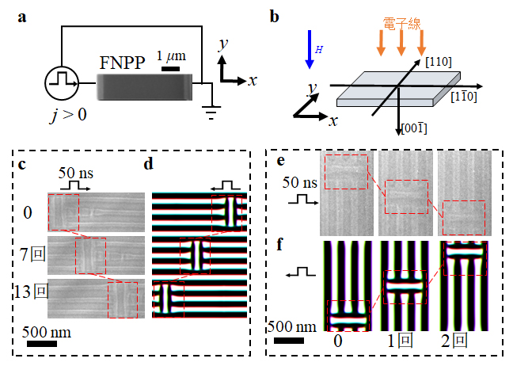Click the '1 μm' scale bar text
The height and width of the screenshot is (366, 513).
click(x=170, y=56)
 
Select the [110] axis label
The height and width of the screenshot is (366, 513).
click(x=439, y=61)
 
